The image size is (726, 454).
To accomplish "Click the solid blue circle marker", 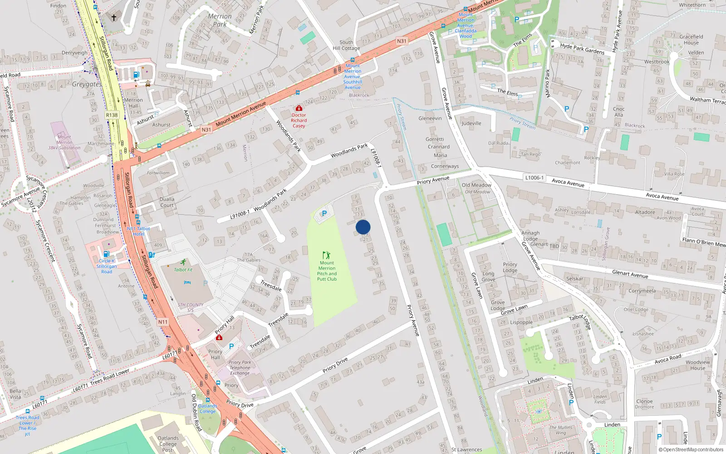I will click(x=363, y=227).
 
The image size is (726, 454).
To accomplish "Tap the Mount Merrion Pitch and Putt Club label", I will click(x=327, y=271).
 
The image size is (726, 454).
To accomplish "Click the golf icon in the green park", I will click(x=326, y=255).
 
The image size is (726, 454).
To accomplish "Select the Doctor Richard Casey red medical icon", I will click(x=299, y=108).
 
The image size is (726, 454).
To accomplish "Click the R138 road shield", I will click(x=112, y=115).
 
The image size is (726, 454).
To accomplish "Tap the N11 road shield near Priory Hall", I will click(x=163, y=322).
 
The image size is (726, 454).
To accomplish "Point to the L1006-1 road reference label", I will click(x=534, y=178).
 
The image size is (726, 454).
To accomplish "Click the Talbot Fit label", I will click(x=183, y=270).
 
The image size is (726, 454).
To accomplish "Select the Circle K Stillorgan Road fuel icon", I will click(x=106, y=254).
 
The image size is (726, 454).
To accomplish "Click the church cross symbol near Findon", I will click(x=114, y=18).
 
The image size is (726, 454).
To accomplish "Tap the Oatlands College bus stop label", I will click(x=207, y=409).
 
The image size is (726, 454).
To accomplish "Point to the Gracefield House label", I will click(x=691, y=39).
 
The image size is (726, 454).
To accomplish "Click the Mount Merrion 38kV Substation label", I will click(x=64, y=142).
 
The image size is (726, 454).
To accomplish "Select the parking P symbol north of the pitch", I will click(x=324, y=213).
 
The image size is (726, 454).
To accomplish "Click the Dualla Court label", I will click(x=167, y=202).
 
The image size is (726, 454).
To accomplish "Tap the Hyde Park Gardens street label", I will click(x=582, y=49).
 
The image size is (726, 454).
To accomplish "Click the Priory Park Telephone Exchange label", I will click(x=240, y=368).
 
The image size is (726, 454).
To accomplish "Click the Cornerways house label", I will click(x=445, y=166).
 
